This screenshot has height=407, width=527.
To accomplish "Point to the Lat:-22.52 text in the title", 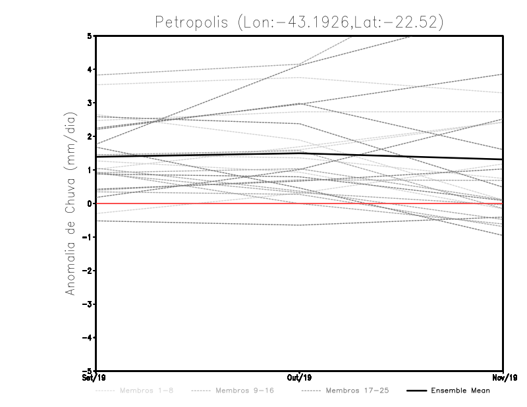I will (x=395, y=22).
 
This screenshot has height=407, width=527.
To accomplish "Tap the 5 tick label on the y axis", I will (x=90, y=36).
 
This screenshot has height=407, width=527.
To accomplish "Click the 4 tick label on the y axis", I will (x=90, y=70).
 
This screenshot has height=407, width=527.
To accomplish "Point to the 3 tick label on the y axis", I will (x=90, y=103).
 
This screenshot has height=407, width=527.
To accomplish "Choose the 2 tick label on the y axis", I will (x=90, y=137).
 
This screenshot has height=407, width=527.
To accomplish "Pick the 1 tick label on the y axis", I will (x=90, y=170).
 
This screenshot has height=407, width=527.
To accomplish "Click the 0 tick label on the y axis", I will (x=90, y=203).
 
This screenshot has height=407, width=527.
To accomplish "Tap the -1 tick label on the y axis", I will (x=88, y=237).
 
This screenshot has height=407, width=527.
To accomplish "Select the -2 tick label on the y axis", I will (x=88, y=271).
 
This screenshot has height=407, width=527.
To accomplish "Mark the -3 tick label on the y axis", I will (x=88, y=304).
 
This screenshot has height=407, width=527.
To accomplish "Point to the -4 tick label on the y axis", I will (x=88, y=338).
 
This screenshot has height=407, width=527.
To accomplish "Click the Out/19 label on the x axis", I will (x=300, y=378).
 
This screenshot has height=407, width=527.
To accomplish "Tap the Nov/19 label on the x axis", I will (x=503, y=378).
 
